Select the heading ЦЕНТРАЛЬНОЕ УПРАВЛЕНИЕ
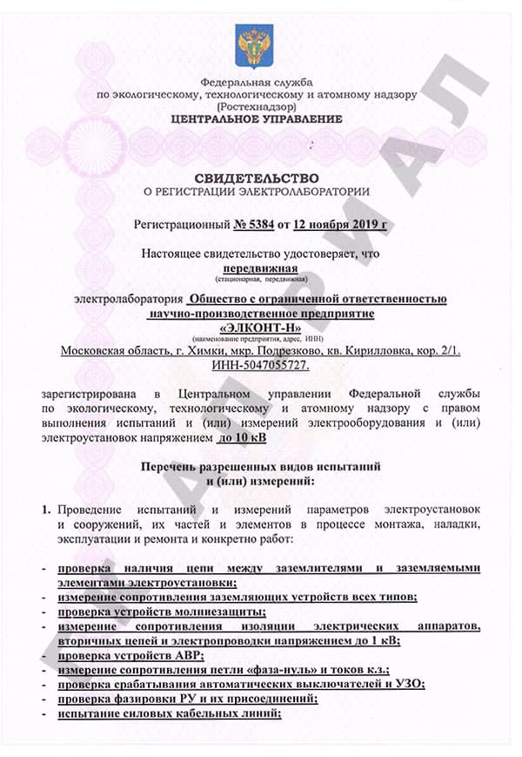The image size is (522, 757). click(257, 118)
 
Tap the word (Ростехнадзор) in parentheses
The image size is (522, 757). click(257, 105)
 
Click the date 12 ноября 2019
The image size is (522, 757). click(338, 224)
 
